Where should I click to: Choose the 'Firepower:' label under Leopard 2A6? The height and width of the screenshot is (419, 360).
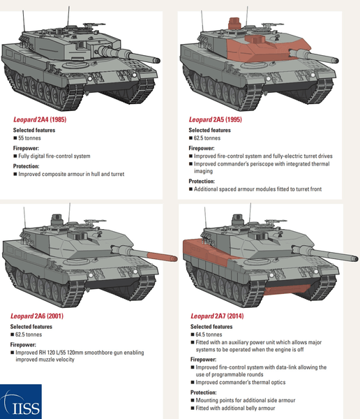pyautogui.click(x=27, y=344)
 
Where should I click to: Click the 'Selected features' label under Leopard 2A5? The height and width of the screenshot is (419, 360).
pyautogui.click(x=210, y=130)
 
